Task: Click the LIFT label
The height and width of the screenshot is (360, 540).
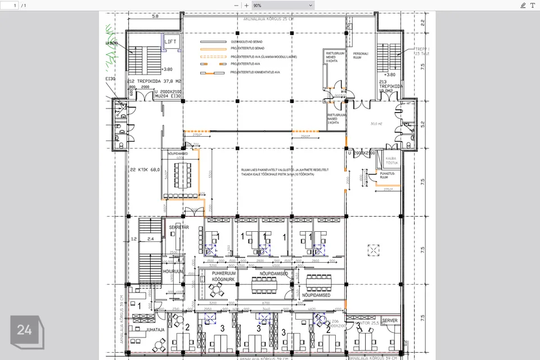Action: (x=170, y=42)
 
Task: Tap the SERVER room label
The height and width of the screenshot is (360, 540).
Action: (x=390, y=321)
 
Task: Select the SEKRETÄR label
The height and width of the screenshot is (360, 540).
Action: (x=178, y=227)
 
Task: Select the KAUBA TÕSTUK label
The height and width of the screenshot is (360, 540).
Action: (x=391, y=161)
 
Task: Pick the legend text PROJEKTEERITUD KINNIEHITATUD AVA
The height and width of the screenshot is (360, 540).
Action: (x=255, y=72)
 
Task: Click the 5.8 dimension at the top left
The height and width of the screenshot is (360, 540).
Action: (x=155, y=16)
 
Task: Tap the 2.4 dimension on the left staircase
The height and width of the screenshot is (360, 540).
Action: (x=150, y=239)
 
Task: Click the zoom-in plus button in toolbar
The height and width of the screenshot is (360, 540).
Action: (x=246, y=5)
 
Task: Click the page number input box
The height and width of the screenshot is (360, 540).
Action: (x=11, y=5)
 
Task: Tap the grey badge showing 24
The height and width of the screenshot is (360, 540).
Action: (x=24, y=330)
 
